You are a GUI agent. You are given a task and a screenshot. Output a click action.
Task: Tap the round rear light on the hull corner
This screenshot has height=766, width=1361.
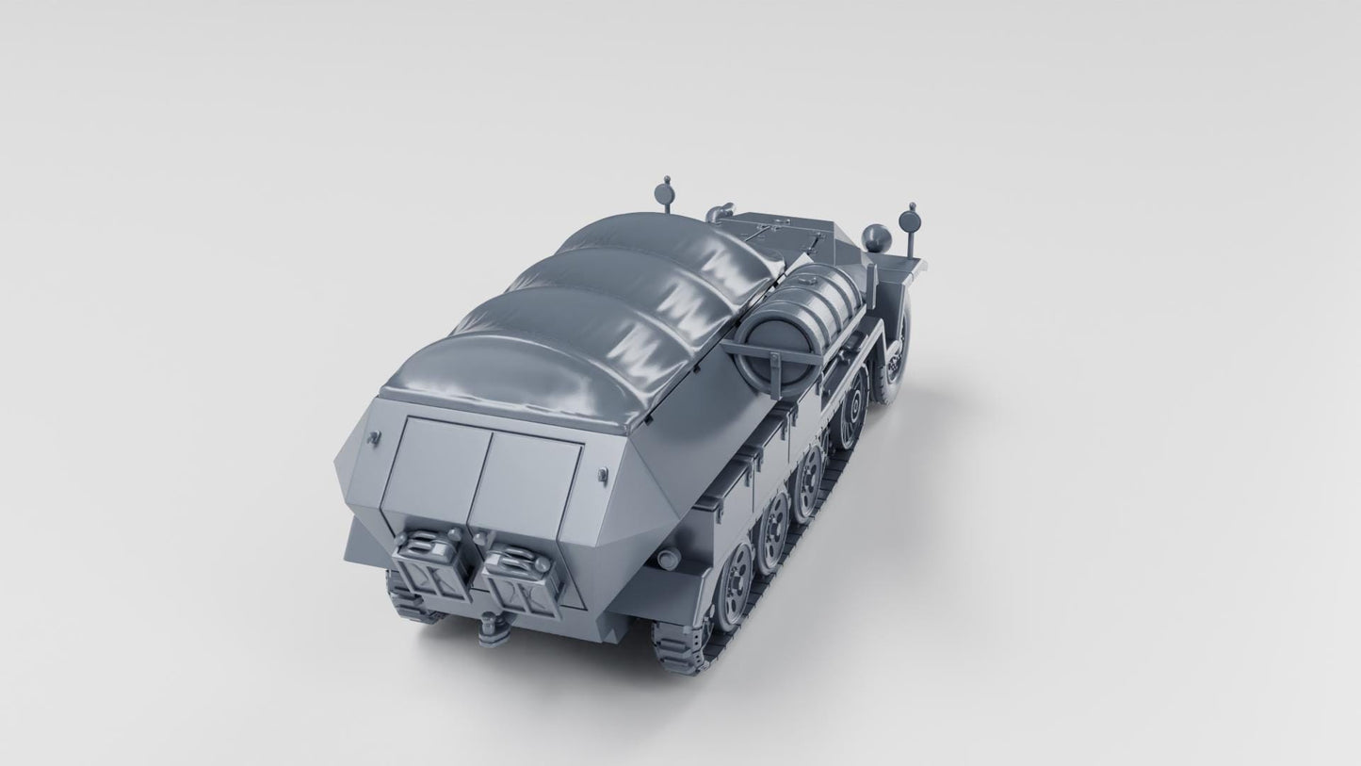click(x=668, y=560)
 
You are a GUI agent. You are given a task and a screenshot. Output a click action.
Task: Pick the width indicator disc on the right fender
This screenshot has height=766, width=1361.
click(x=910, y=220)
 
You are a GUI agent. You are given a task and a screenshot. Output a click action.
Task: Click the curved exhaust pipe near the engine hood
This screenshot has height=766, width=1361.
click(x=720, y=212)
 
